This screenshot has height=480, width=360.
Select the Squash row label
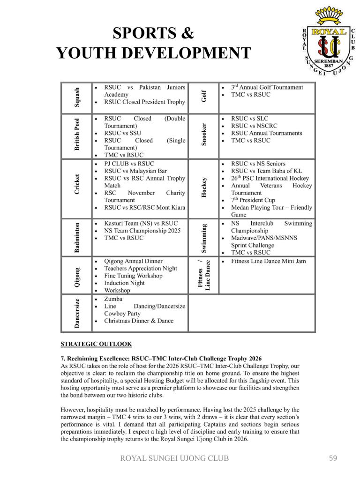click(78, 97)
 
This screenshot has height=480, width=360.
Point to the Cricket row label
click(78, 184)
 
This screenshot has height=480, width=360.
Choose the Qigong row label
click(78, 275)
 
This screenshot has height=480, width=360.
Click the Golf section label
click(204, 97)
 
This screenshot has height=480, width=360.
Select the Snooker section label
click(204, 135)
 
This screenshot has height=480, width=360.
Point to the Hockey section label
click(204, 187)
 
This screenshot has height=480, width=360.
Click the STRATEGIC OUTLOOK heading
click(97, 344)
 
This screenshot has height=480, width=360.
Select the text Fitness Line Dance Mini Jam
click(269, 261)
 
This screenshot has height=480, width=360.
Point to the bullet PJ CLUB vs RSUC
click(129, 164)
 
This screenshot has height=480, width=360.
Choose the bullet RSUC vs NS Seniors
click(258, 164)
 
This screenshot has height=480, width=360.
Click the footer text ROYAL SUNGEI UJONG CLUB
click(175, 458)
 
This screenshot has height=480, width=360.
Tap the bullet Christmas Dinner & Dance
click(139, 321)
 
